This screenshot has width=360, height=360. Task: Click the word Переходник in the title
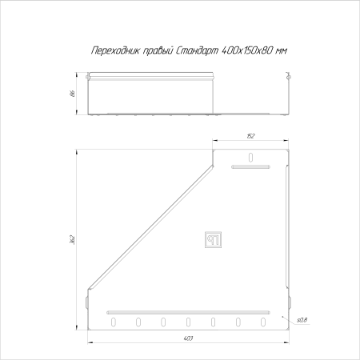pyautogui.click(x=114, y=50)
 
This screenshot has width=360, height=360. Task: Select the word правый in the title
pyautogui.click(x=158, y=50)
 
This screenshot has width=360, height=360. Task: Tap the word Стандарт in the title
pyautogui.click(x=198, y=50)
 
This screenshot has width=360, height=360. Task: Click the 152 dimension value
pyautogui.click(x=250, y=136)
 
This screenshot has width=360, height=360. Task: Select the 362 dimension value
pyautogui.click(x=73, y=239)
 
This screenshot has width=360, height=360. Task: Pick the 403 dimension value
pyautogui.click(x=188, y=338)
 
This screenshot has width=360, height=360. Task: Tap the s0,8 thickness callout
pyautogui.click(x=302, y=320)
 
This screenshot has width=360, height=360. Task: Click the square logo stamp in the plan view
pyautogui.click(x=213, y=239)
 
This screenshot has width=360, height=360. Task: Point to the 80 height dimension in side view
pyautogui.click(x=73, y=94)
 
